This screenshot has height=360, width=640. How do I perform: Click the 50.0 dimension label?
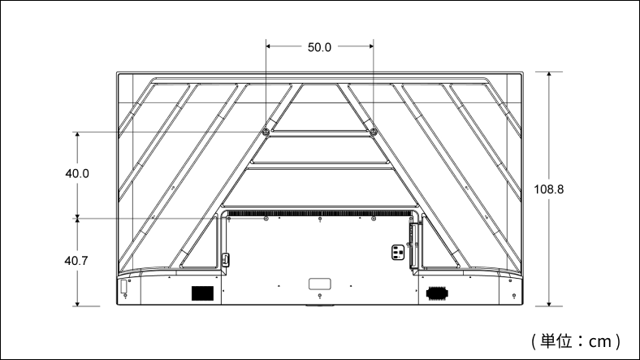(319, 47)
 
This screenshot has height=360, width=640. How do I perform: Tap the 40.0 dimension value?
(77, 174)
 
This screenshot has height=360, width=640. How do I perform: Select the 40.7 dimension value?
(76, 260)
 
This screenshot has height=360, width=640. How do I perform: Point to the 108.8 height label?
(549, 189)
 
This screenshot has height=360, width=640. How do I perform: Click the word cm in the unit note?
(599, 341)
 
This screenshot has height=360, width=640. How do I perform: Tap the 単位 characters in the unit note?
(556, 340)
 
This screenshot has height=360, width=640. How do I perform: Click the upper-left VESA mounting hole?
(266, 132)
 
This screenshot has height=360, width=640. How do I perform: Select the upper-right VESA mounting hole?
(373, 132)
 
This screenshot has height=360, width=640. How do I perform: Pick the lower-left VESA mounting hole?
(266, 219)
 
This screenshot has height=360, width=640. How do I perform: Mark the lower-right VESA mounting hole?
(374, 219)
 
